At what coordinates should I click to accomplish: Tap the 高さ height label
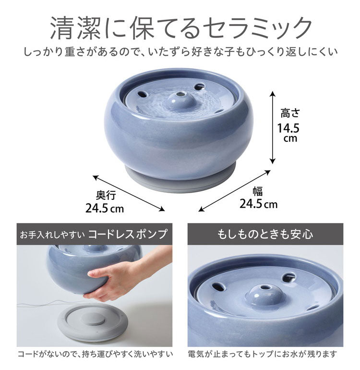(290, 113)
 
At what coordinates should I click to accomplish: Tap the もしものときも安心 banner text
(265, 234)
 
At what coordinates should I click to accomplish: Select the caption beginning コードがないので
(94, 355)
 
